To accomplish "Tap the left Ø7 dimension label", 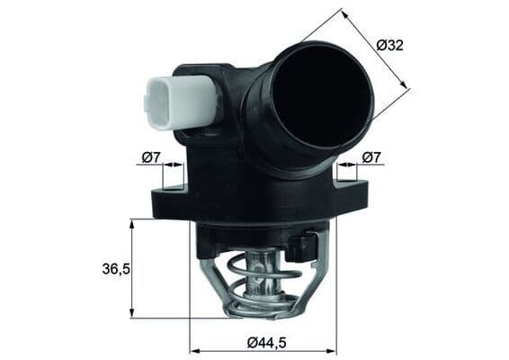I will tap(150, 158).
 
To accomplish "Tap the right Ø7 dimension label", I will tap(371, 158).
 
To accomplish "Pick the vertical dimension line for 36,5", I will tap(132, 268).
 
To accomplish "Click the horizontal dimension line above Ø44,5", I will tap(263, 351).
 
